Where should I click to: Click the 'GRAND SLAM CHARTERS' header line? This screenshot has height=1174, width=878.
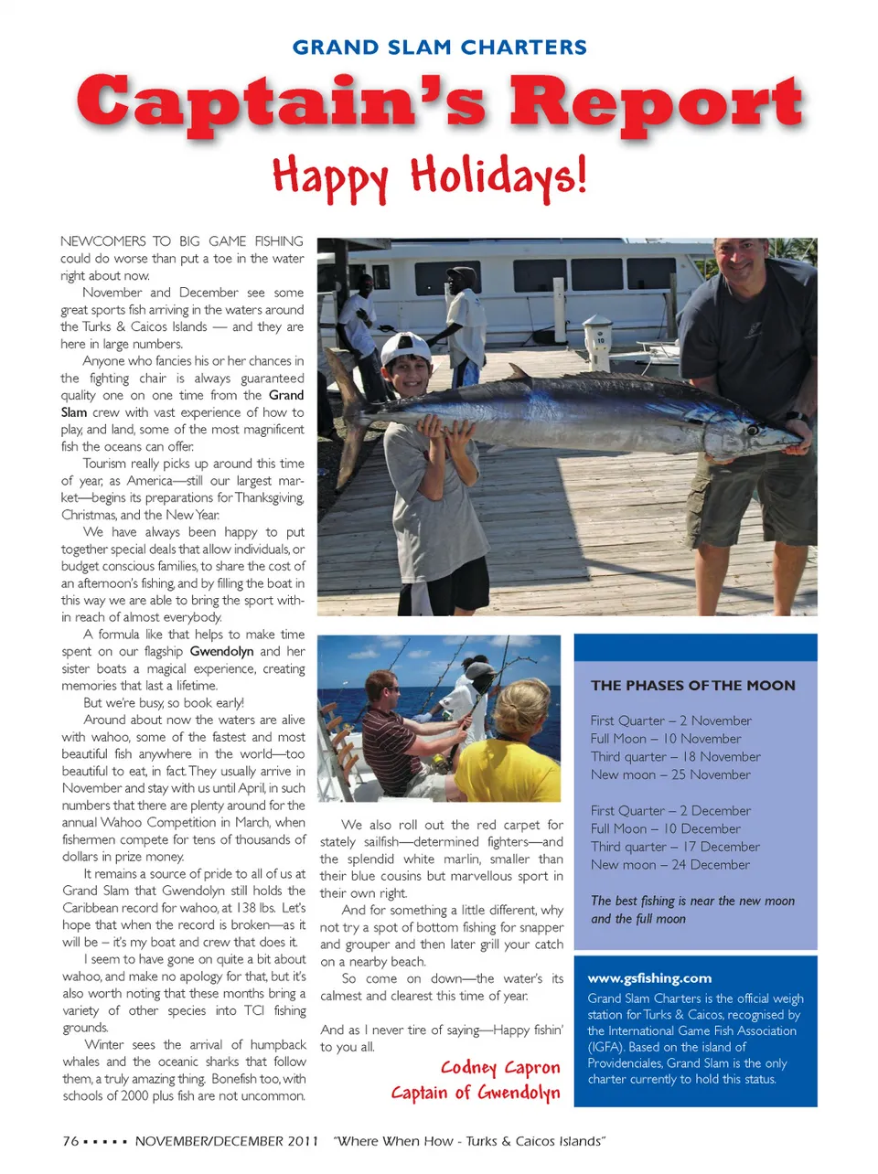pyautogui.click(x=439, y=48)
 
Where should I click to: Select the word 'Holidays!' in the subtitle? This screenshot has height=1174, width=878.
pyautogui.click(x=497, y=176)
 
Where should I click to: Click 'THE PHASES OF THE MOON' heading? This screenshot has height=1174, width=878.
pyautogui.click(x=692, y=686)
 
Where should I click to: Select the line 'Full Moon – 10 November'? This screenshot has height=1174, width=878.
pyautogui.click(x=666, y=739)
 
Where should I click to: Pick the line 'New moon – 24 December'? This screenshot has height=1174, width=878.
pyautogui.click(x=669, y=865)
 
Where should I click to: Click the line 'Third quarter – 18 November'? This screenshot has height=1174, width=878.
pyautogui.click(x=675, y=757)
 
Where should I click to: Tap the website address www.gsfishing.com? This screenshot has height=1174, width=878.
pyautogui.click(x=649, y=978)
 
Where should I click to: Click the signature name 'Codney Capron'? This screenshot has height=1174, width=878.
pyautogui.click(x=499, y=1068)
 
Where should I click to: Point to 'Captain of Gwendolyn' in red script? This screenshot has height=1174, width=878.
pyautogui.click(x=475, y=1093)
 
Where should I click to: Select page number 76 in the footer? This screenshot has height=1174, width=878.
pyautogui.click(x=70, y=1141)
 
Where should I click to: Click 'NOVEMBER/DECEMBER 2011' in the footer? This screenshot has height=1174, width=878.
pyautogui.click(x=227, y=1141)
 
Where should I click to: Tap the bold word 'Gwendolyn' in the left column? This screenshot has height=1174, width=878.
pyautogui.click(x=221, y=652)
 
